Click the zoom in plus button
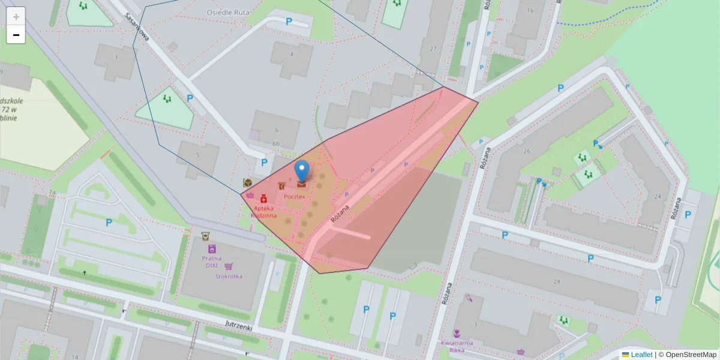point(16,16)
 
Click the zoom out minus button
point(16,35)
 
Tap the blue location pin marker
point(302,170)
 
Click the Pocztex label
point(295,196)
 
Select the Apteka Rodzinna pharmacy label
point(264,211)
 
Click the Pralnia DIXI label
point(211,262)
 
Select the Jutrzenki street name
point(238,328)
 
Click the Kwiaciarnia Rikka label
point(458,346)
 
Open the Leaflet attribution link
point(641,355)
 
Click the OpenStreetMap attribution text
point(689,355)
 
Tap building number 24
point(658,196)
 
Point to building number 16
point(530,10)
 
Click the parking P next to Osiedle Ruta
point(289,22)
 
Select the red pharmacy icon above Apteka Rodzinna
point(263,197)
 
